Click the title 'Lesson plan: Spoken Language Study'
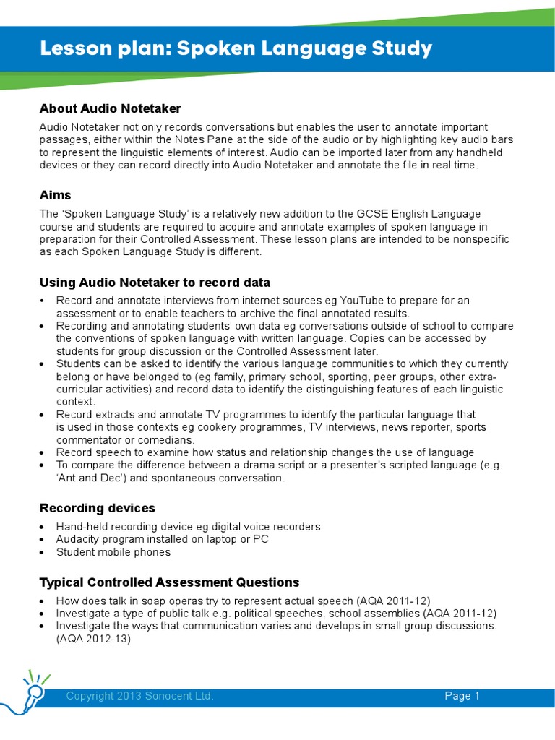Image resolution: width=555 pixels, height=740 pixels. coord(236,49)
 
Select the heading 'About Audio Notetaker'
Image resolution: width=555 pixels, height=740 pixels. coord(110,108)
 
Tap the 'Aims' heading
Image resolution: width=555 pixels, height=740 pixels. coord(55,196)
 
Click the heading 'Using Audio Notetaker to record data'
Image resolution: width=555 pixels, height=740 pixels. coord(155,282)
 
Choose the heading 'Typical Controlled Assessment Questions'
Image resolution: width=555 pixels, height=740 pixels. coord(169,582)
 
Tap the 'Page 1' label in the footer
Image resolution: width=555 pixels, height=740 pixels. coord(462,696)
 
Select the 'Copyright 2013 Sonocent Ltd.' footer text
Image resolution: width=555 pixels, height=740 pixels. coord(139,696)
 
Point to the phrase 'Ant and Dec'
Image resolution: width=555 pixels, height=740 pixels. coord(90,478)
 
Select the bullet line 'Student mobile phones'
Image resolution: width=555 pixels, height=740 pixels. coord(113,552)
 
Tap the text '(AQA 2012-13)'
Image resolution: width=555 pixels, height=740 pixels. coord(93,639)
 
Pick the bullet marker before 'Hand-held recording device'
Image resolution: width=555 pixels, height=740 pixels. coord(43,527)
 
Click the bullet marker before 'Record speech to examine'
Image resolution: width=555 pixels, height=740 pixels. coord(43,452)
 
